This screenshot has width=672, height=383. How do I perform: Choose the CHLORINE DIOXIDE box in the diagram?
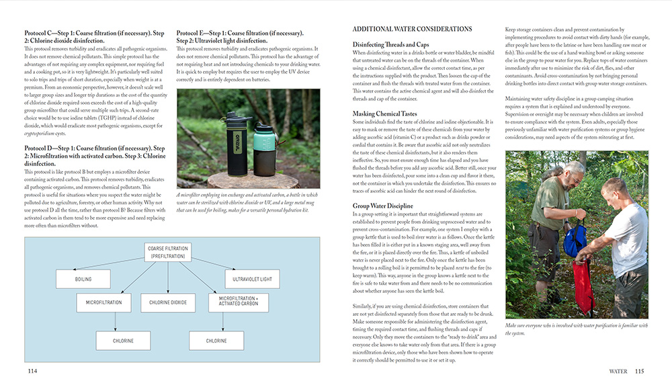pyautogui.click(x=167, y=303)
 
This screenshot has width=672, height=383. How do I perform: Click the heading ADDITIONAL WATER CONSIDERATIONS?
pyautogui.click(x=412, y=30)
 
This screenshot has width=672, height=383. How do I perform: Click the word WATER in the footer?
pyautogui.click(x=618, y=371)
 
